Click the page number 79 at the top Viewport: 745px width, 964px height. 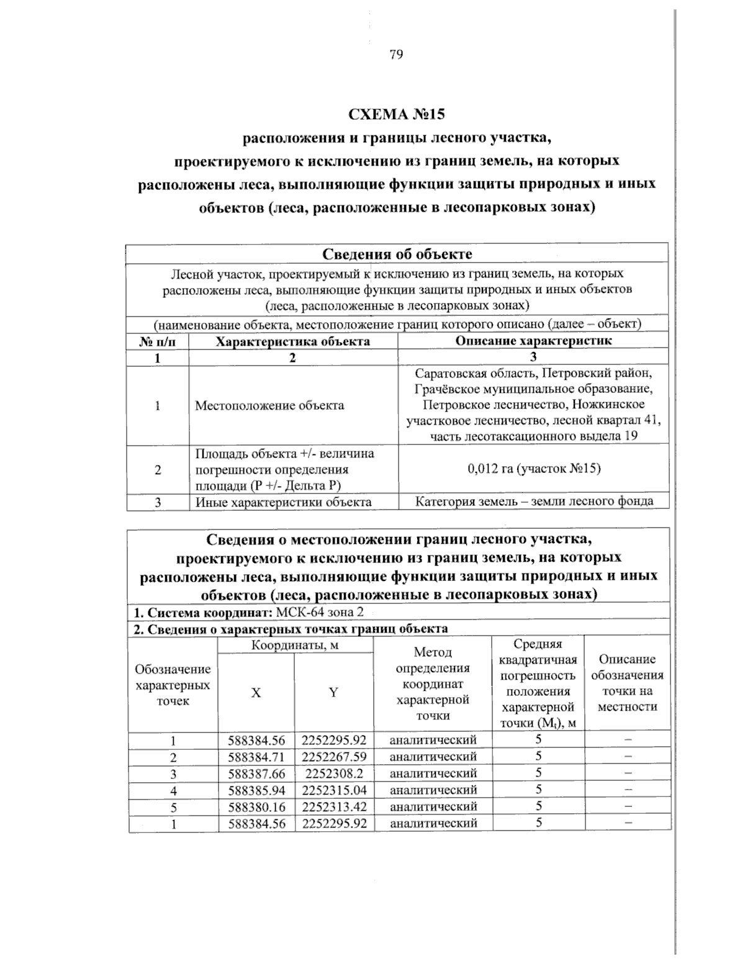[396, 55]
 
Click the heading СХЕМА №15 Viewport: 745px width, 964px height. [397, 114]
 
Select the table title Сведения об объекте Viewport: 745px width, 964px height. [397, 254]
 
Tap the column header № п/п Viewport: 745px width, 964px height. [157, 341]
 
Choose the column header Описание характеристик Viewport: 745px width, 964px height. [533, 340]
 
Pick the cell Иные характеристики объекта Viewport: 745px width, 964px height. [284, 502]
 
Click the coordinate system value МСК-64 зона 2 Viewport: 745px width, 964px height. [320, 612]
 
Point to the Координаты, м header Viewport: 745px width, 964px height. [295, 645]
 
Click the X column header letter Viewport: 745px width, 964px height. [256, 693]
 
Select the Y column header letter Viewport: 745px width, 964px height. [333, 693]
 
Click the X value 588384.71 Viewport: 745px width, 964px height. [256, 757]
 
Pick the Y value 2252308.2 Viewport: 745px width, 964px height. [334, 773]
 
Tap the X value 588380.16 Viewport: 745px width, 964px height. [256, 807]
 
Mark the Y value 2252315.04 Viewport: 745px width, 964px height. [334, 790]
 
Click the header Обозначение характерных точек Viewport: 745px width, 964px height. [173, 685]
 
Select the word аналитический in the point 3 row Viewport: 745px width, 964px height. [433, 773]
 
